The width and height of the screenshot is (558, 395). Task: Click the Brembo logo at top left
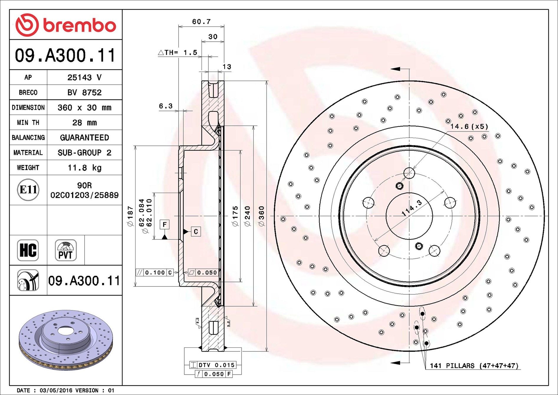pos(65,25)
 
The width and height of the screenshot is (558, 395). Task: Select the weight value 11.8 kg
pos(85,168)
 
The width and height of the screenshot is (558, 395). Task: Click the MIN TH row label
pos(28,122)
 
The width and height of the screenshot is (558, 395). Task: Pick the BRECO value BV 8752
pos(85,92)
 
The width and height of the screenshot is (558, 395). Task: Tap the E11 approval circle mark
pos(28,190)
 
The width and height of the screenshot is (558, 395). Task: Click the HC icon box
pos(28,250)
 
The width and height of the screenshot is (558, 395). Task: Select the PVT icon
pos(66,250)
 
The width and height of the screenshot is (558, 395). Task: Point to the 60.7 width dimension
pos(201,22)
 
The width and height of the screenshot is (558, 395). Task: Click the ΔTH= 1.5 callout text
pos(178,53)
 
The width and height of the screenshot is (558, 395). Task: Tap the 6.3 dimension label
pos(166,106)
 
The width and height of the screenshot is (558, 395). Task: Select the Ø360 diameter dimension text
pos(261,216)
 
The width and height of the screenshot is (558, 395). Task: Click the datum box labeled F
pos(164,224)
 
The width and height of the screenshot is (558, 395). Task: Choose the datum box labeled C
pos(196,232)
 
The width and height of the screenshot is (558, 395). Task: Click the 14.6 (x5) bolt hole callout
pos(469,127)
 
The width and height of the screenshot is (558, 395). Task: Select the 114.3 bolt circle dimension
pos(412,208)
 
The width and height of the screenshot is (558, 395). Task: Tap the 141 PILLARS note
pos(474,366)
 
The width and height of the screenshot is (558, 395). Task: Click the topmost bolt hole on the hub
pos(409,173)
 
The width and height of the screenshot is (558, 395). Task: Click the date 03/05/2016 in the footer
pos(56,390)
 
